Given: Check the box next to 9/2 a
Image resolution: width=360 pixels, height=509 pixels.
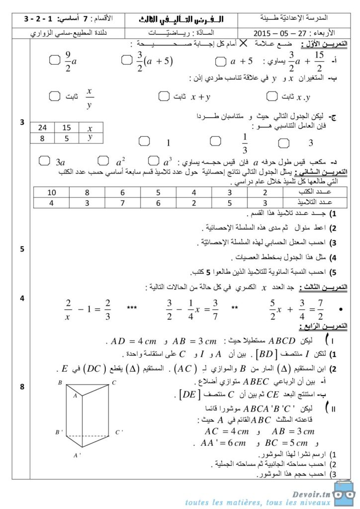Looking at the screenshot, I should coord(55,61).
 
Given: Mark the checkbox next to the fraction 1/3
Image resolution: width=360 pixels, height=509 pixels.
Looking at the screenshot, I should coord(215,141).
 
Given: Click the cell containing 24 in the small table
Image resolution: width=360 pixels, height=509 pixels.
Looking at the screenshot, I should coord(42,128).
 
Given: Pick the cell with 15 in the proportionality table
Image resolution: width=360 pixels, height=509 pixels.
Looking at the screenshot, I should coord(67,128).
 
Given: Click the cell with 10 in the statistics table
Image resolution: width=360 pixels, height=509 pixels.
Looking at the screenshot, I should coord(52,192).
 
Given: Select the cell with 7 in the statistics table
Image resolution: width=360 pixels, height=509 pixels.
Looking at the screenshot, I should coord(122,202).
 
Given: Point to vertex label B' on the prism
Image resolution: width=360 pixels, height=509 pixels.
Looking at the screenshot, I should coord(59,432).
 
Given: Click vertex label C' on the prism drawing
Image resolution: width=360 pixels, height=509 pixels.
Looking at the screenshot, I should coord(119,432).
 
